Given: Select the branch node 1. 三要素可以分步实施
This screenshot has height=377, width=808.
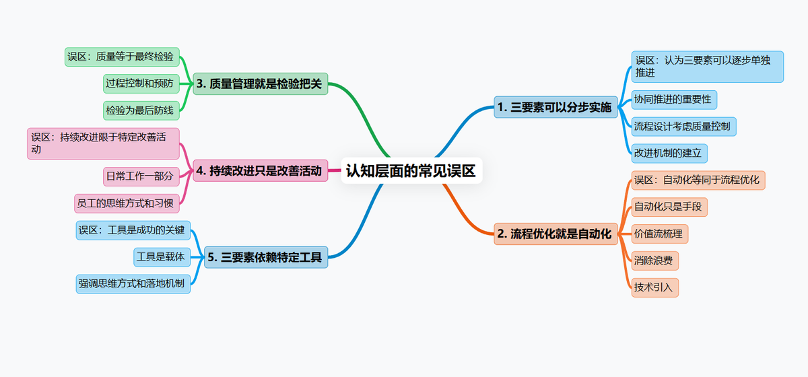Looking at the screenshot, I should pos(555,107).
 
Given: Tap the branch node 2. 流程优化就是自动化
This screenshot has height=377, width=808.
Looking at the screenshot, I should pos(555,234).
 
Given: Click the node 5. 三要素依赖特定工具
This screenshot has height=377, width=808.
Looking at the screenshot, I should pos(266,256).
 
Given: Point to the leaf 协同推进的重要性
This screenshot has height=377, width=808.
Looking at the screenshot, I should pos(673,100).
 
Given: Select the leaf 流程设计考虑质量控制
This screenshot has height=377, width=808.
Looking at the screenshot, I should pos(683,126).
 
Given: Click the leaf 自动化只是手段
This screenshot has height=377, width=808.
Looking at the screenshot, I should pos(669,206).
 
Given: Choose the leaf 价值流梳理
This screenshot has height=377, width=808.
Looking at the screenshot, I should pos(659,234).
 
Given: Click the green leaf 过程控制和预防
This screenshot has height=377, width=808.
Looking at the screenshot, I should pos(140,83).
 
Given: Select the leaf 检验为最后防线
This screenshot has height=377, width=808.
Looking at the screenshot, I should pos(140,109).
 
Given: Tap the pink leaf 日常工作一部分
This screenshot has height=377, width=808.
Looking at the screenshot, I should pos(140,176).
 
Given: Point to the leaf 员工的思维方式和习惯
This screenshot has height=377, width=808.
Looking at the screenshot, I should pos(127,202).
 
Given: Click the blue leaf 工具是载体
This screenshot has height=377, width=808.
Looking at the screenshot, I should pos(161,256).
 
